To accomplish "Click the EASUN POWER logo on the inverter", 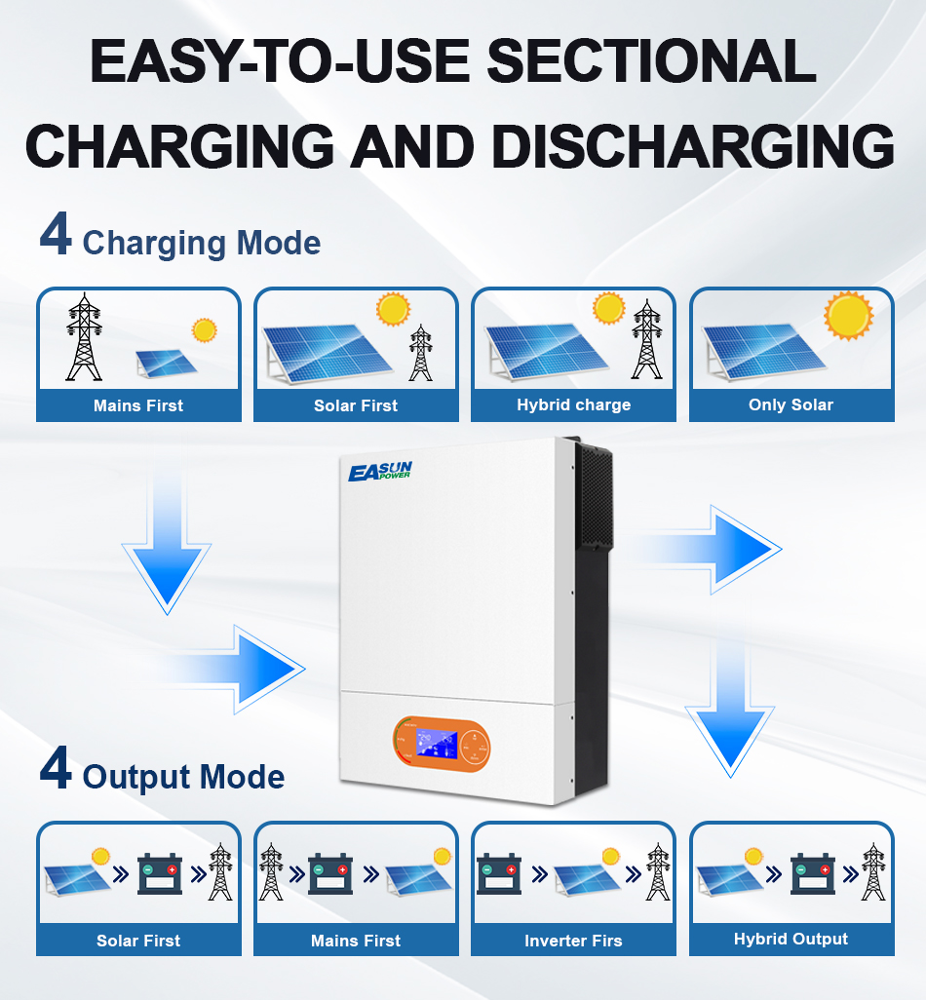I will point(380,472).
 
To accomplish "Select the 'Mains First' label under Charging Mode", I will point(138,405).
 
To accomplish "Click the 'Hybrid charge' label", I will point(573,404).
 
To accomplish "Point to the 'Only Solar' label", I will point(791,404).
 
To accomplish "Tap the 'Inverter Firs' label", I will point(573,941).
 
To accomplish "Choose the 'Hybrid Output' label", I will point(791,939).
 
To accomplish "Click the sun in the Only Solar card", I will point(848,315).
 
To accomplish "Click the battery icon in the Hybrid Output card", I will point(812,872).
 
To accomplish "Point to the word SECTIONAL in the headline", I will point(651,61).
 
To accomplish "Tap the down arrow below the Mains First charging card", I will point(168,556).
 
